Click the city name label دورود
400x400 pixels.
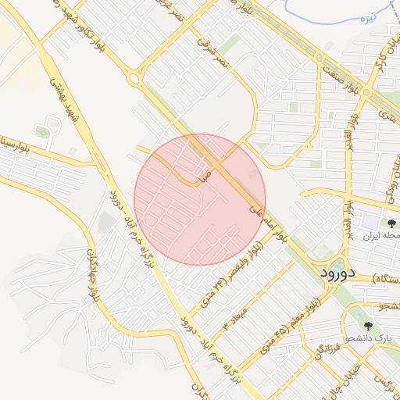(x=337, y=273)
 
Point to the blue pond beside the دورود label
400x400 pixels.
(x=337, y=264)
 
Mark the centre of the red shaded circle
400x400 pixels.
(x=200, y=200)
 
